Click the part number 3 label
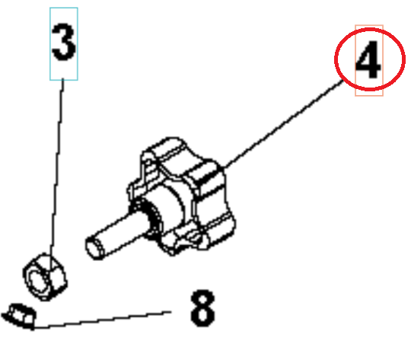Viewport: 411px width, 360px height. tap(63, 43)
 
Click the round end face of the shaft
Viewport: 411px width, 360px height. tap(95, 250)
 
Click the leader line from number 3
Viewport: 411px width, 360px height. tap(58, 167)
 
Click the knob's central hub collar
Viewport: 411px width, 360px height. tap(164, 209)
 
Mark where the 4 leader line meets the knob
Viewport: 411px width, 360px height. tap(223, 170)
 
